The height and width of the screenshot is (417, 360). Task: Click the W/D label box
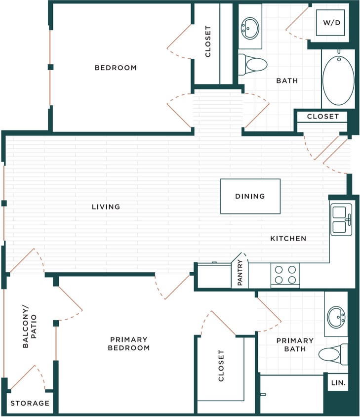[331, 23]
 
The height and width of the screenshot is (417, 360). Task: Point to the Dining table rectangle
[250, 196]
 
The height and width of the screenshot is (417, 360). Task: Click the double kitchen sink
[341, 220]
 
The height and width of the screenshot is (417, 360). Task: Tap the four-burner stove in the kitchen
[285, 275]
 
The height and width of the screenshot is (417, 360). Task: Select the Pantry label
[240, 272]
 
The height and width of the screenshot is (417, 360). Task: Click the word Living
[106, 207]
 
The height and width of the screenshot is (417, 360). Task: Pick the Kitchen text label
[288, 239]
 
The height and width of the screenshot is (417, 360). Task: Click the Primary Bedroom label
[129, 343]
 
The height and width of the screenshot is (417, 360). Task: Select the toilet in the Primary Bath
[332, 354]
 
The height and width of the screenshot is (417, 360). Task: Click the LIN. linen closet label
[338, 382]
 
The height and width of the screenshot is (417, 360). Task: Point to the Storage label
[30, 403]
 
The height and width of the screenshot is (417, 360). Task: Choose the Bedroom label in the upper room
[116, 68]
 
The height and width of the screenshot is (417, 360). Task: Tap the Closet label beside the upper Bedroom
[208, 42]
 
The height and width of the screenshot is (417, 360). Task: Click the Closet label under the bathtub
[323, 117]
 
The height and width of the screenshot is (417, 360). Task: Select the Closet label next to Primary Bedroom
[221, 366]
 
